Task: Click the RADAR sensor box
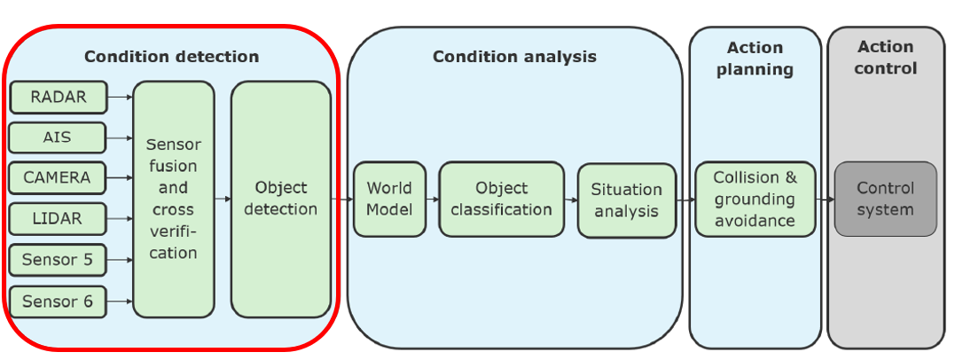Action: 58,97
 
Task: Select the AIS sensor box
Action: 58,137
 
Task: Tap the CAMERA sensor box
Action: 58,178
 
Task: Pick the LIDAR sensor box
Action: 58,219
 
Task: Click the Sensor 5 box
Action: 58,260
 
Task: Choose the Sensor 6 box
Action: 58,301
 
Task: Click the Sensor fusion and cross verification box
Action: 174,200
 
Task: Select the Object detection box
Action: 281,200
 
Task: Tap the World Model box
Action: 390,200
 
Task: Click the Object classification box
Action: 502,200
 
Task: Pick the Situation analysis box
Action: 627,200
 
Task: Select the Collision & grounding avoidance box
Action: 755,200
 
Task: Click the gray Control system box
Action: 886,200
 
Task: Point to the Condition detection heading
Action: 172,57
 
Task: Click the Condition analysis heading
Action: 514,57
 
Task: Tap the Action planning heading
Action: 755,59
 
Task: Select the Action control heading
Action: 886,58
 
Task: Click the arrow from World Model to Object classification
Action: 433,200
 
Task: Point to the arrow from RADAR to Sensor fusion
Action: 120,97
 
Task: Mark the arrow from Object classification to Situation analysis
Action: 571,200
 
